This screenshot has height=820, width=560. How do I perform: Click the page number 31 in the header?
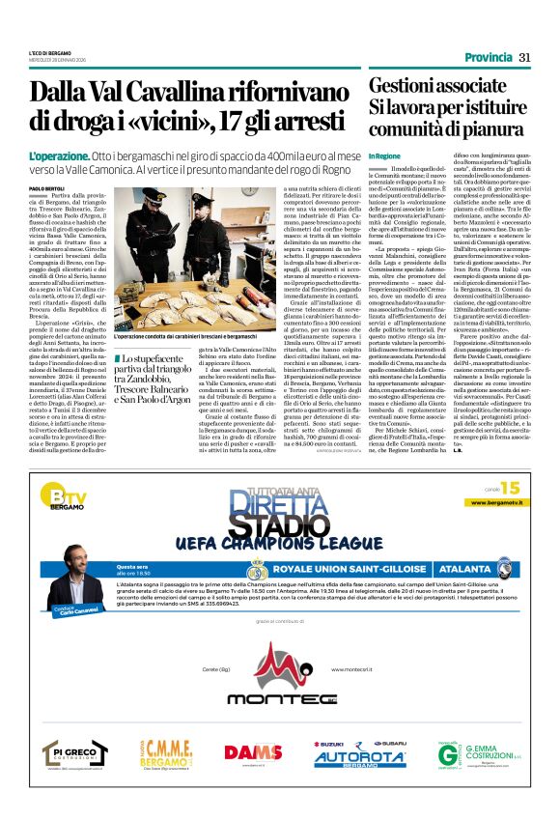(x=525, y=57)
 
